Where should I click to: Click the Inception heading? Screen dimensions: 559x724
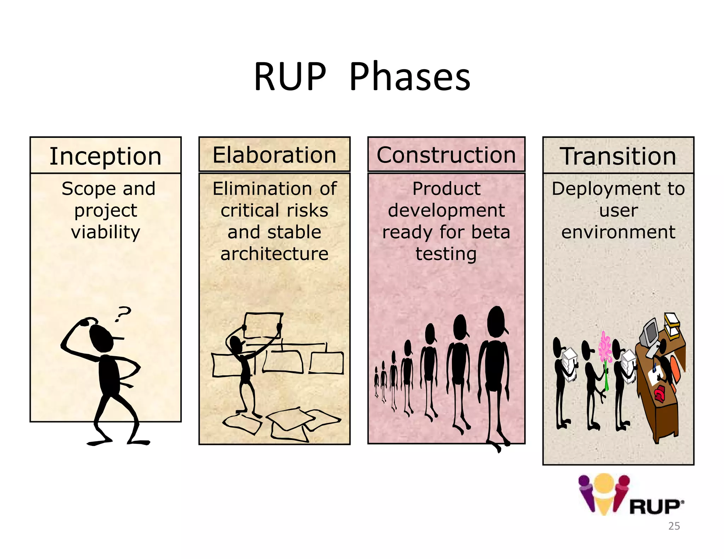(105, 156)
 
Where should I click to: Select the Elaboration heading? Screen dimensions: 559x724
(274, 155)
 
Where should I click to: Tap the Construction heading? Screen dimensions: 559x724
(446, 155)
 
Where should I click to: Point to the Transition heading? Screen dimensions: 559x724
(618, 156)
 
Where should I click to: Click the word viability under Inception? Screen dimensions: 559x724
(106, 232)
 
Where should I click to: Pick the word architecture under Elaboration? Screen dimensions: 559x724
(274, 254)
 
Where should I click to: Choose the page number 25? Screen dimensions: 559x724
(674, 526)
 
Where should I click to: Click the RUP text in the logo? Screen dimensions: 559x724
(655, 507)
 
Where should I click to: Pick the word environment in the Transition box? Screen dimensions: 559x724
(618, 232)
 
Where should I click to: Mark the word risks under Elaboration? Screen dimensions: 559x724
(307, 211)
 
